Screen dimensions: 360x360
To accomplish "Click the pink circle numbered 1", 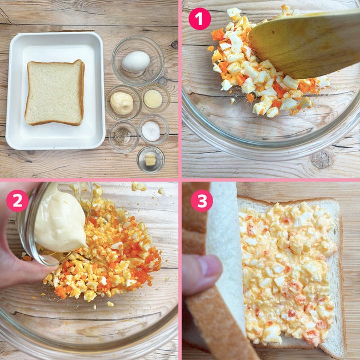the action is point(199,19).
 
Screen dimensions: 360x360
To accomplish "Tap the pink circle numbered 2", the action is point(18,201).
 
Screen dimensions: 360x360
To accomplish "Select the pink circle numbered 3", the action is point(202,201).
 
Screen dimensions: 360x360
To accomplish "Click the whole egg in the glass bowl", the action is point(136,62).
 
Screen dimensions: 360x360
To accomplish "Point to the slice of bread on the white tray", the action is point(55,93).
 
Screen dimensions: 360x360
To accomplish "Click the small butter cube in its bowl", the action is point(150,159).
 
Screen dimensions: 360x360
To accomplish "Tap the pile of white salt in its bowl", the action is point(151,131).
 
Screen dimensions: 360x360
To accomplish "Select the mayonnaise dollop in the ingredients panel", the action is point(122,103).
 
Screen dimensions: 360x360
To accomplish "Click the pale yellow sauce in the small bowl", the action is point(153,99).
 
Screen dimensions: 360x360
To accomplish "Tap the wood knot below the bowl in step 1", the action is point(321,160).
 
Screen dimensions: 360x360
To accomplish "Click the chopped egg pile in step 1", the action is point(264,67).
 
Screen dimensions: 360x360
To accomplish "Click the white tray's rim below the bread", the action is point(55,145).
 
